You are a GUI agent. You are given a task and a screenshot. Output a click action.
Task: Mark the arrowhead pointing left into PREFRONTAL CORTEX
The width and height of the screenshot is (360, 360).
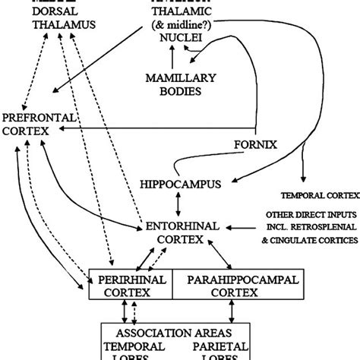[x=58, y=131]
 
